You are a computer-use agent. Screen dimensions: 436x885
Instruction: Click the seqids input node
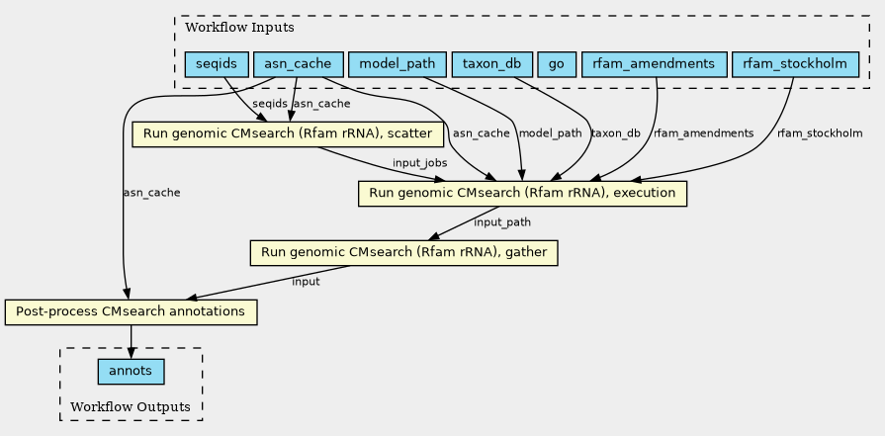(216, 64)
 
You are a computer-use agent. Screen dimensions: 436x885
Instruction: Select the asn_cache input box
(298, 64)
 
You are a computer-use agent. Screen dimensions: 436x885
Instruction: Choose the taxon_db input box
(491, 64)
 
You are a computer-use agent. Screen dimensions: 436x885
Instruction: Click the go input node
(557, 64)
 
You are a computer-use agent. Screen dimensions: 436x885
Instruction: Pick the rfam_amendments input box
(653, 64)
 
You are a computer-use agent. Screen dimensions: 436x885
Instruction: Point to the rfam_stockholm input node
(794, 64)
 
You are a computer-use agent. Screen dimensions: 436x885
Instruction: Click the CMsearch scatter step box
(279, 133)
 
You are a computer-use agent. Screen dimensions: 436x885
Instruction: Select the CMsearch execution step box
(522, 193)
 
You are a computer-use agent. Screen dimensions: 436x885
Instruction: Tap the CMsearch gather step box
(404, 252)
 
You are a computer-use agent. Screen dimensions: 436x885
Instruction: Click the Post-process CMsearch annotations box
(131, 311)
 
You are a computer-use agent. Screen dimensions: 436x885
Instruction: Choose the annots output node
(131, 372)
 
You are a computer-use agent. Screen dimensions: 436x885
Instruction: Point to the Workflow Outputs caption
(131, 407)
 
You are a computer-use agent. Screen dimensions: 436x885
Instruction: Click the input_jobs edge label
(419, 163)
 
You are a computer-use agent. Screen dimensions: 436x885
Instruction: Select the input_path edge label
(502, 222)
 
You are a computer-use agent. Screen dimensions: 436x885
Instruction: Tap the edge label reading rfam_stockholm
(820, 133)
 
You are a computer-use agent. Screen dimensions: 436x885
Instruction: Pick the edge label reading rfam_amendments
(704, 133)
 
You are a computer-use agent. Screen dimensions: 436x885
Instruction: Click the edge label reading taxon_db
(615, 133)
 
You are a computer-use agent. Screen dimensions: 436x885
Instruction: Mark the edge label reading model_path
(549, 133)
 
